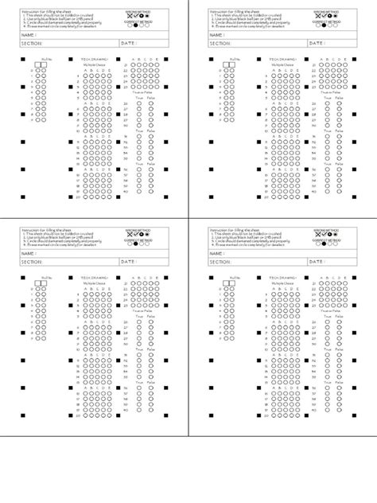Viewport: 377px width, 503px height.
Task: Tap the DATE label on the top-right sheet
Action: tap(317, 44)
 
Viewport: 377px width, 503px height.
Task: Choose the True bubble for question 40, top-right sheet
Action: tap(327, 191)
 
